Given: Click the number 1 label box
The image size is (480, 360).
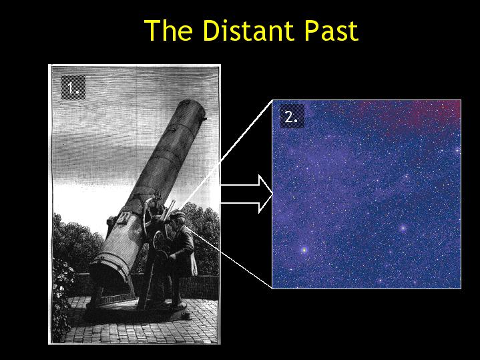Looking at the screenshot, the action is (73, 87).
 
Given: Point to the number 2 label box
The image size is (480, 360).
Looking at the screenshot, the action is (292, 116).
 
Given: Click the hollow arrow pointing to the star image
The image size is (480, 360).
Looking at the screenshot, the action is (246, 194).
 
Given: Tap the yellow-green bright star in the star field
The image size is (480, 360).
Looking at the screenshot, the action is (304, 250).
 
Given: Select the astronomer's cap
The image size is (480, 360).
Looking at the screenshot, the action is (178, 216).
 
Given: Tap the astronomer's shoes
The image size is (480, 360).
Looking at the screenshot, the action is (178, 306).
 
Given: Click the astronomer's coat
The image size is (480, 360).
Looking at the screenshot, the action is (183, 251).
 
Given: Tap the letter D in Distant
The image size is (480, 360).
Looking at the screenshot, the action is (211, 31).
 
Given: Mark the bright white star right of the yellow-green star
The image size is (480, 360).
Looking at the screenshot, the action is (403, 228).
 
